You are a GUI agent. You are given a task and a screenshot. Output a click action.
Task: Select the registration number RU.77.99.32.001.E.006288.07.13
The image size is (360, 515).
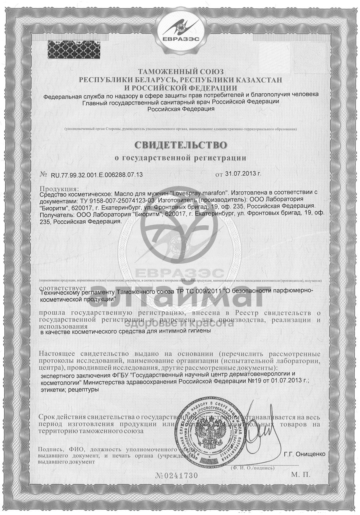click(97, 175)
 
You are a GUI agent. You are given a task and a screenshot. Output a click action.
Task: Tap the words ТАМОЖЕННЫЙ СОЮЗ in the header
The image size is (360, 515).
click(180, 72)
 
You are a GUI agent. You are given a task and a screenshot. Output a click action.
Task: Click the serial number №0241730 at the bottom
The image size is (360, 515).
click(176, 475)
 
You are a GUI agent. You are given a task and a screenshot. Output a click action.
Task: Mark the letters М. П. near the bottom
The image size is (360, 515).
click(301, 475)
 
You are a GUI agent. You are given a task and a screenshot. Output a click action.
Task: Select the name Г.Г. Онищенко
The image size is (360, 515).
click(305, 454)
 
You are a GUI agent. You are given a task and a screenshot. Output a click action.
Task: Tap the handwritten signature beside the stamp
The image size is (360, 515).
click(260, 430)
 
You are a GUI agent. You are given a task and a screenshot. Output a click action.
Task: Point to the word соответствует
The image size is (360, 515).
click(62, 288)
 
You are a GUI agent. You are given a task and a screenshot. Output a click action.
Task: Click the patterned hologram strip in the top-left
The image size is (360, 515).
click(74, 49)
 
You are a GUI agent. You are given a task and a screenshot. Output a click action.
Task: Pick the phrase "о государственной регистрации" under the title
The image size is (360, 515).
click(180, 158)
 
